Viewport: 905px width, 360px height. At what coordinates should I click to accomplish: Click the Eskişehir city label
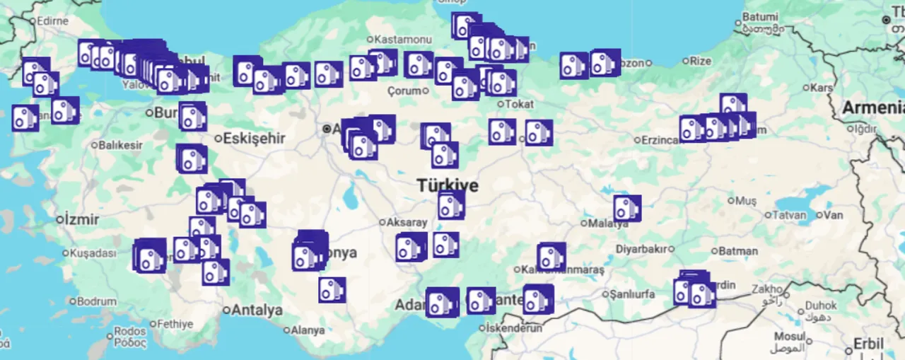(x=254, y=139)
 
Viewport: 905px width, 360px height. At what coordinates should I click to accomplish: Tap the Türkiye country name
(x=447, y=186)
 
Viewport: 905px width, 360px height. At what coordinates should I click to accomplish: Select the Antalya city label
(x=257, y=310)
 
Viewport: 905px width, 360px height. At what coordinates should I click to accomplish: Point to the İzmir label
(x=81, y=219)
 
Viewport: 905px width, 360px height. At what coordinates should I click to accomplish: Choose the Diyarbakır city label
(x=642, y=249)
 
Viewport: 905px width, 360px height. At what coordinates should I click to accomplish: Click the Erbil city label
(x=868, y=344)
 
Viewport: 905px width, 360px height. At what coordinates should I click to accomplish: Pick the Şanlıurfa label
(x=634, y=294)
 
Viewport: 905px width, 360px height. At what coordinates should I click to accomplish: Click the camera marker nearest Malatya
(x=626, y=209)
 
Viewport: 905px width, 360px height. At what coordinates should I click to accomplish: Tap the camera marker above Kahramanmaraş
(x=551, y=257)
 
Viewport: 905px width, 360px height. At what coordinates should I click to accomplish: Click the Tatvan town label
(x=790, y=215)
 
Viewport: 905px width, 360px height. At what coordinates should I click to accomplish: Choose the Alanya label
(x=308, y=330)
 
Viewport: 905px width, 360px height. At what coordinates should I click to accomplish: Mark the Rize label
(x=700, y=61)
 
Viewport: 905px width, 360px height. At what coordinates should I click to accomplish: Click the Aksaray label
(x=407, y=222)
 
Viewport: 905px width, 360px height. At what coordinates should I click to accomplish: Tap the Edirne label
(x=52, y=21)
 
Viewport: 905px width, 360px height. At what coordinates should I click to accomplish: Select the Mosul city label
(x=789, y=337)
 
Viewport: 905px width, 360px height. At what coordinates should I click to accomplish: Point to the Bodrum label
(x=97, y=301)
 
